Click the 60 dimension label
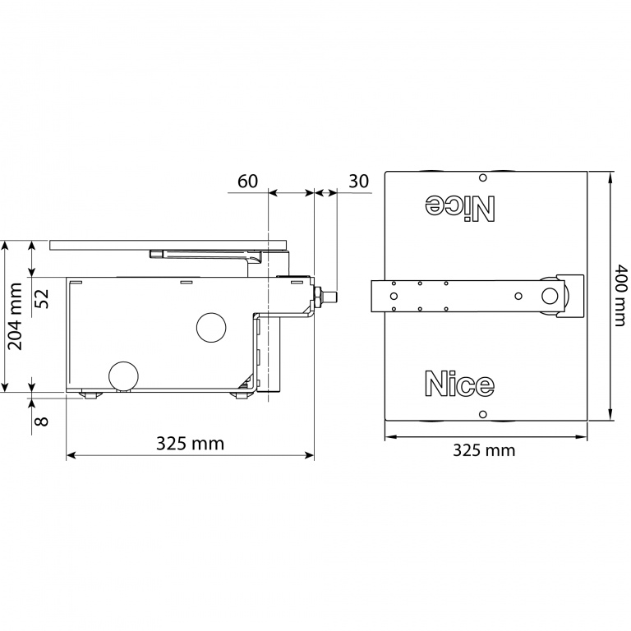[x=248, y=181]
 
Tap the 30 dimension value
[x=358, y=181]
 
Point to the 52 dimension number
[x=43, y=297]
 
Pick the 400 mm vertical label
[x=622, y=295]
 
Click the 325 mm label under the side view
[x=190, y=444]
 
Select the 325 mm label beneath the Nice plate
[x=484, y=450]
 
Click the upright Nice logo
[x=459, y=384]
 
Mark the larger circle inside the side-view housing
[x=210, y=328]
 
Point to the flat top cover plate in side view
[x=168, y=244]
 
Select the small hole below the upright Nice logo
[x=483, y=413]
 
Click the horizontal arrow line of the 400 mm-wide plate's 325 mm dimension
[x=486, y=436]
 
